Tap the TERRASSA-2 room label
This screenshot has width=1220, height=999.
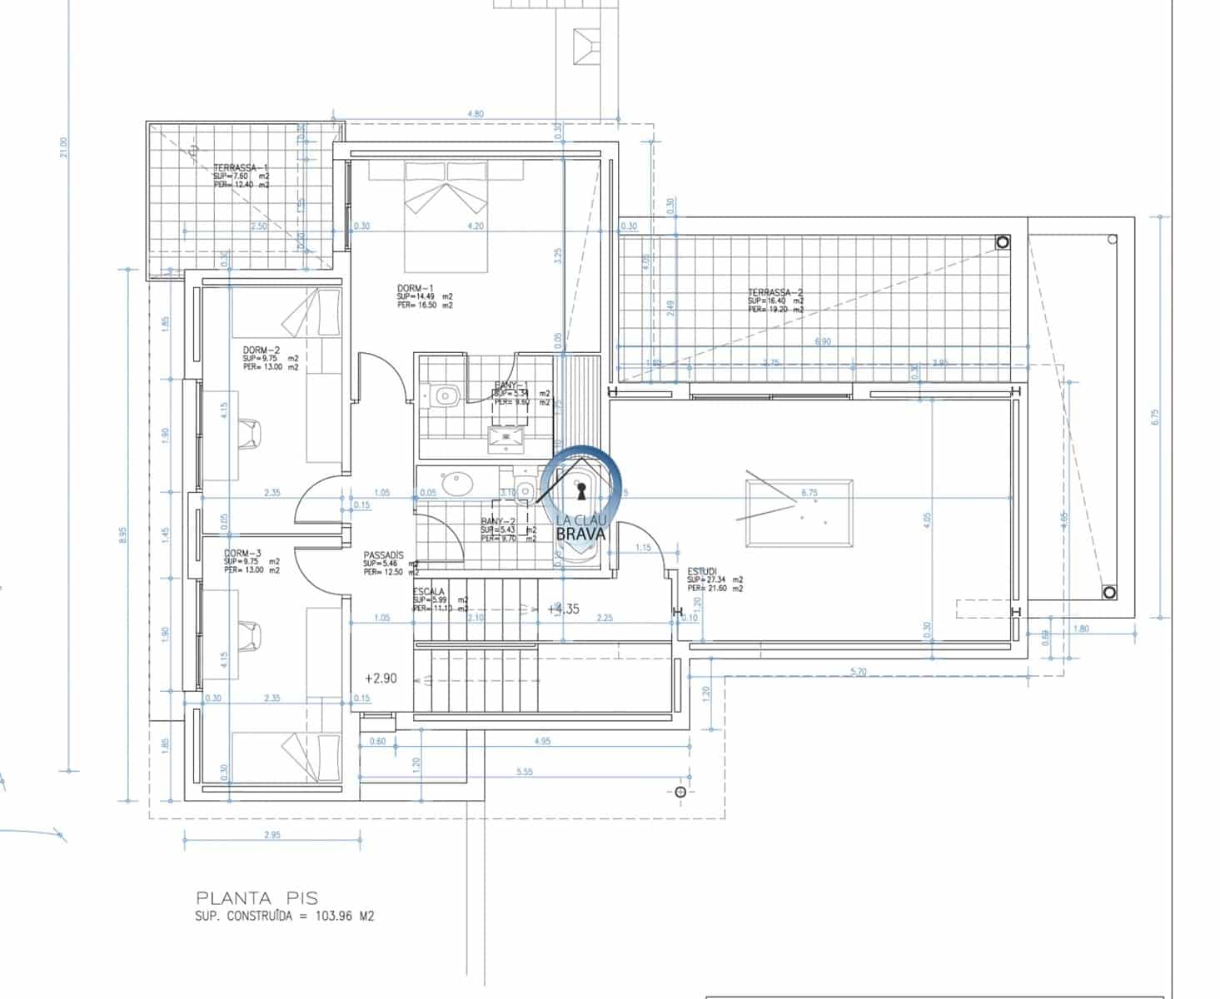click(774, 292)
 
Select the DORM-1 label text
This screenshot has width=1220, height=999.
click(416, 288)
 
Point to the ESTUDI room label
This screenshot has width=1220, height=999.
click(703, 571)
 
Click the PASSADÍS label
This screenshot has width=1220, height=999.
click(383, 555)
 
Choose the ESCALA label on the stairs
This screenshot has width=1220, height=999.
click(429, 591)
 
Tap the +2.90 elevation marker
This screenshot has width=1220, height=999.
click(381, 678)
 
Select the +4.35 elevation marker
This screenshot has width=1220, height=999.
click(563, 609)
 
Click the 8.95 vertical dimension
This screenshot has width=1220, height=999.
click(123, 533)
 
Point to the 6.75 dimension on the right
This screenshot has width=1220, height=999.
click(1154, 416)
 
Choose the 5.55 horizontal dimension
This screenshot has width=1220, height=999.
click(524, 773)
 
